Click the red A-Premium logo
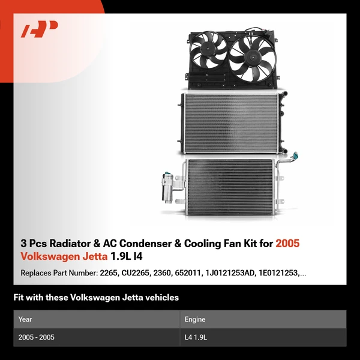tap(39, 29)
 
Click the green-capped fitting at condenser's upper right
tap(295, 155)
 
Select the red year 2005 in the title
tap(287, 244)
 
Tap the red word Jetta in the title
tap(95, 256)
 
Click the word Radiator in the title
tap(70, 244)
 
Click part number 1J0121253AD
tap(230, 273)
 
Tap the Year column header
tap(25, 319)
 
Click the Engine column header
tap(195, 319)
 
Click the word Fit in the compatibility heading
tap(19, 298)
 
